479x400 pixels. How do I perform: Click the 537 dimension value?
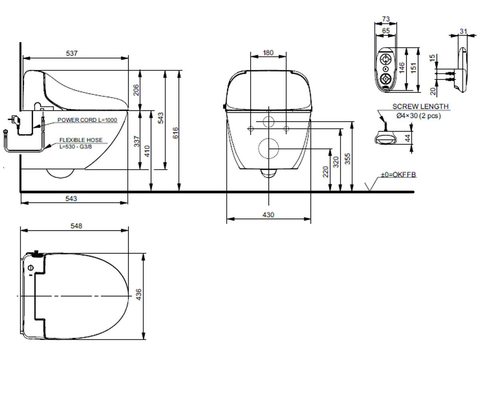tap(72, 53)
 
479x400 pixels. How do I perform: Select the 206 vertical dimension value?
tap(136, 90)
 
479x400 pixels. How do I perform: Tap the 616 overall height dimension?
tap(175, 133)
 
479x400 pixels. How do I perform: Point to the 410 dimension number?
tap(148, 151)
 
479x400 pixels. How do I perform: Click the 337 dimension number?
tap(137, 141)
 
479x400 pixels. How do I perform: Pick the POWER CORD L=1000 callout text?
tap(87, 120)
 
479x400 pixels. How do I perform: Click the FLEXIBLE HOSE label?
tap(81, 140)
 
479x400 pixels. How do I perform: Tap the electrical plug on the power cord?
tap(15, 119)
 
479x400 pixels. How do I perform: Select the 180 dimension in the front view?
tap(268, 53)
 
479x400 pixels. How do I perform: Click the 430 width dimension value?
tap(268, 215)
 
